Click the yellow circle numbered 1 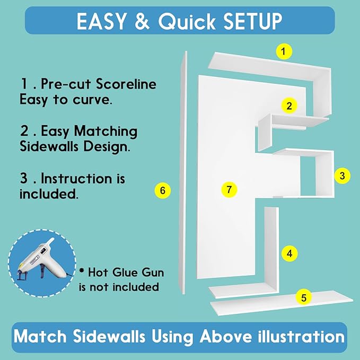click(x=284, y=51)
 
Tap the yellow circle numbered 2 click(x=289, y=106)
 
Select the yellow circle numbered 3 click(x=342, y=176)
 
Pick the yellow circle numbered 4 click(x=289, y=254)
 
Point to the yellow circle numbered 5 click(x=303, y=297)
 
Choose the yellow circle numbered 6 click(x=163, y=190)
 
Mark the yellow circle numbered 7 click(x=229, y=190)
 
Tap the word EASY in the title click(x=101, y=21)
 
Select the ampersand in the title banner click(x=142, y=21)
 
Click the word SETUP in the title click(x=253, y=21)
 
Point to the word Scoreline click(x=126, y=84)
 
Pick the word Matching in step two click(x=106, y=132)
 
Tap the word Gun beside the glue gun click(x=153, y=273)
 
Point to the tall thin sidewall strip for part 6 click(x=183, y=173)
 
